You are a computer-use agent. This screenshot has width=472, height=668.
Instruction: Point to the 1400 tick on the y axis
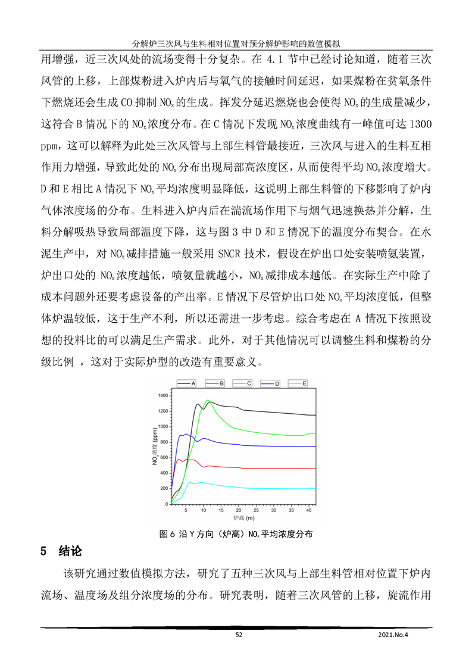coord(162,395)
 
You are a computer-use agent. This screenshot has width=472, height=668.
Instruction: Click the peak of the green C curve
coord(208,400)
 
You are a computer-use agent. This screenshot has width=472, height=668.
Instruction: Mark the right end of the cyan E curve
coord(315,488)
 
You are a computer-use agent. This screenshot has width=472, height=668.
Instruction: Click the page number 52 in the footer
coord(239,635)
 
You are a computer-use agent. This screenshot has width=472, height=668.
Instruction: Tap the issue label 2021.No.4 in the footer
coord(394,635)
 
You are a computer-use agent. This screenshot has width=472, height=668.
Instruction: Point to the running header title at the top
coord(236,43)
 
